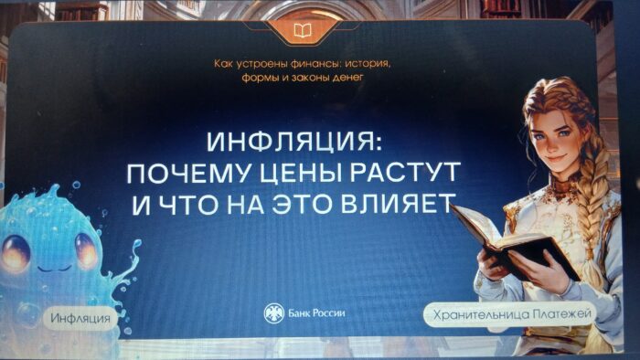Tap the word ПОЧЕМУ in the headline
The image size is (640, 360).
(x=180, y=174)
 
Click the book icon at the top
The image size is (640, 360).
(x=303, y=31)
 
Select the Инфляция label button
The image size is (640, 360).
(x=81, y=318)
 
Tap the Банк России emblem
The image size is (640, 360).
(x=272, y=313)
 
